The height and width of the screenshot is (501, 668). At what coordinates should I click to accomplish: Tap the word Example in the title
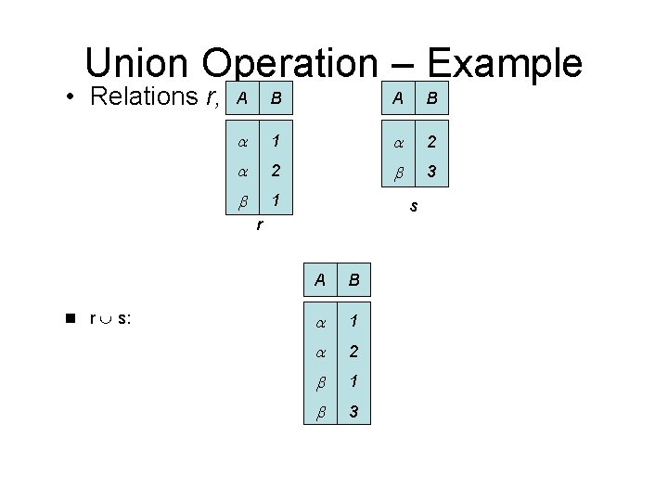(x=506, y=63)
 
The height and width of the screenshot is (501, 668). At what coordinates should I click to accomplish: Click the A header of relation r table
(x=241, y=97)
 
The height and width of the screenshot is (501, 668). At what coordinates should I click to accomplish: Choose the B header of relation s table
(x=431, y=97)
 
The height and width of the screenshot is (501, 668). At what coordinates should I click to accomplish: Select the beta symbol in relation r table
(x=241, y=199)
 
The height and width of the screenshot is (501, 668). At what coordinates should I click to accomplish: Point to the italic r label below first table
(x=259, y=225)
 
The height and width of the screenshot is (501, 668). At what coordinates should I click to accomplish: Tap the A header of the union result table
(x=319, y=279)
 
